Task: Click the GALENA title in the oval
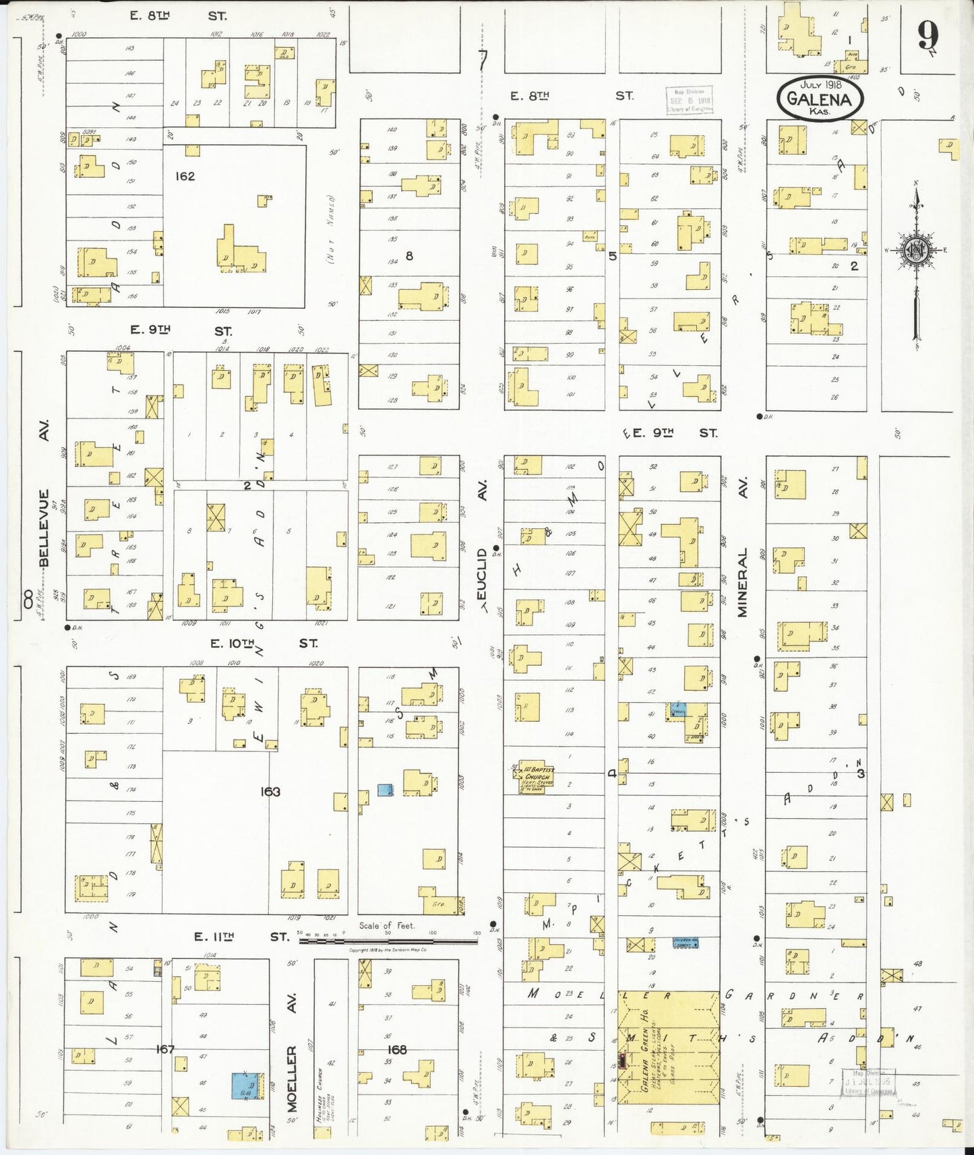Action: coord(820,98)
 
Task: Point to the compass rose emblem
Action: coord(916,251)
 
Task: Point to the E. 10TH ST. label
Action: coord(263,644)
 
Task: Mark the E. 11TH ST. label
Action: coord(241,937)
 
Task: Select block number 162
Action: coord(185,177)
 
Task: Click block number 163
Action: coord(270,792)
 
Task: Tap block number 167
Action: coord(165,1049)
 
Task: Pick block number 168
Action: coord(397,1049)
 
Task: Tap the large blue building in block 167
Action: coord(247,1086)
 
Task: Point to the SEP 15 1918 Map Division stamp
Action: coord(689,100)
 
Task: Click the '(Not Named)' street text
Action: coord(331,229)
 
